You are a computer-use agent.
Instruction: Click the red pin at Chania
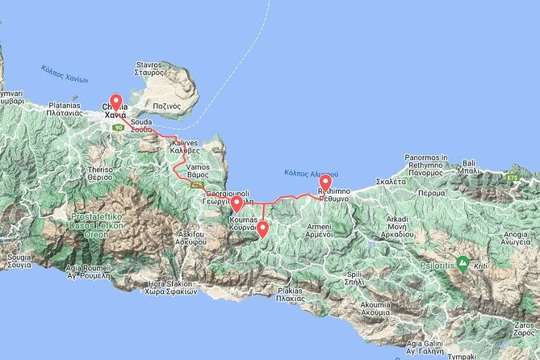click(x=115, y=103)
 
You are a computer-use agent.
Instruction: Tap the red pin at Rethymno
click(x=325, y=184)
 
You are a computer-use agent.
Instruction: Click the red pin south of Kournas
click(x=263, y=228)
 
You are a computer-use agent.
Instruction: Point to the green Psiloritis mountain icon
click(x=463, y=262)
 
